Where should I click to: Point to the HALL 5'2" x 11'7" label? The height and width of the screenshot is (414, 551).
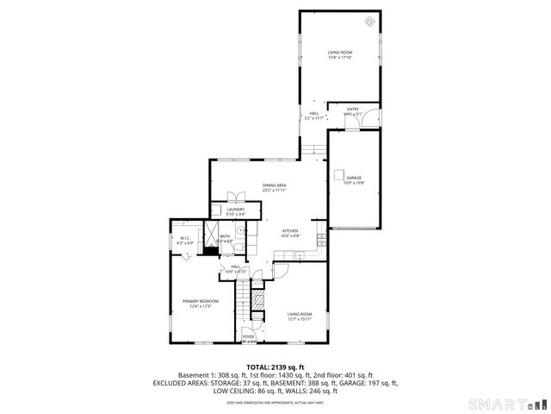(315, 116)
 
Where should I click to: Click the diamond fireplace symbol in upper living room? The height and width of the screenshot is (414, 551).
(369, 22)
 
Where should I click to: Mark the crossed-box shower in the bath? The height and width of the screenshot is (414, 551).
(209, 234)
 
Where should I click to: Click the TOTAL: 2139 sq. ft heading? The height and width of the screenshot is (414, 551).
(275, 367)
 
